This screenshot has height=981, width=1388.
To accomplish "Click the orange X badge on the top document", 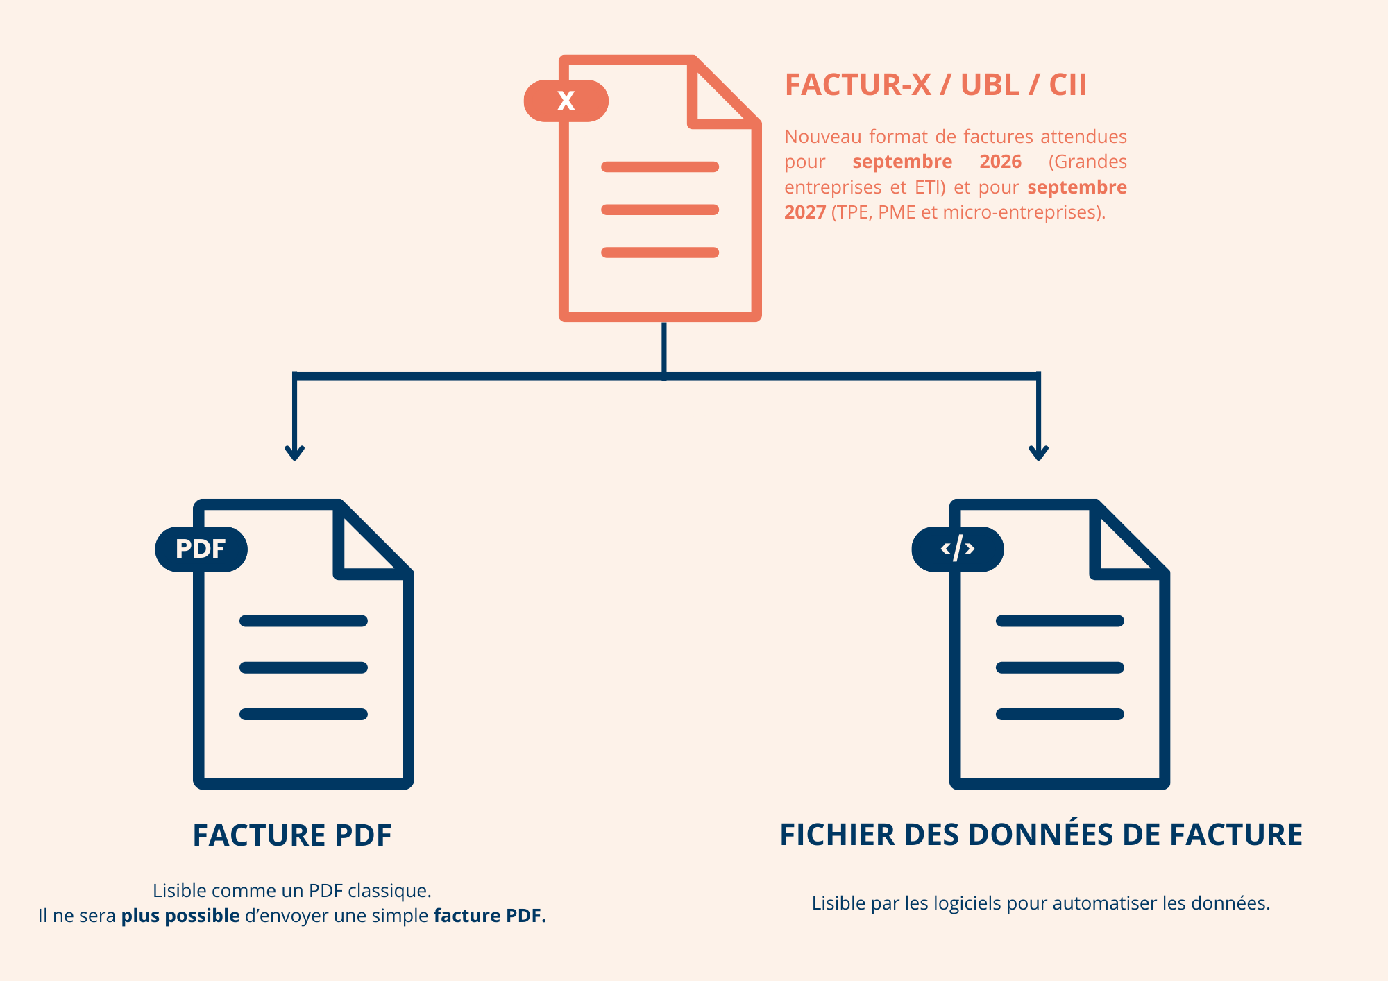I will tap(566, 101).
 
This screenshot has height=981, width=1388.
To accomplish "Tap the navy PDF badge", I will tap(201, 549).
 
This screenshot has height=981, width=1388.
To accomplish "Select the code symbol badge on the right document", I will tap(957, 549).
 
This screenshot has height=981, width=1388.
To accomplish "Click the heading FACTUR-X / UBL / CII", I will tap(935, 85).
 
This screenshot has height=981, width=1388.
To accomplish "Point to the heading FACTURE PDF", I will tap(292, 835).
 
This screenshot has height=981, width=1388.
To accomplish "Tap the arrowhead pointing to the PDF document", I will tap(294, 452).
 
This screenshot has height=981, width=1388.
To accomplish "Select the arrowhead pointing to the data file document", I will tap(1038, 452).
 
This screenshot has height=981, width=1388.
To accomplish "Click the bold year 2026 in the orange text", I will tap(1000, 162).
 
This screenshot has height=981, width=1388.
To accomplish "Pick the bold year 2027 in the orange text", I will tap(804, 212).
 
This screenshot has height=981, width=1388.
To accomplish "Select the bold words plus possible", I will tap(180, 916).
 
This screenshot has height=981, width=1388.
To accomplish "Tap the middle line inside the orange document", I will tap(659, 210).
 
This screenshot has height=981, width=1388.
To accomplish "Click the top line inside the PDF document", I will tap(303, 621).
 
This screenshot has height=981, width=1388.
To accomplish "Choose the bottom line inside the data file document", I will tap(1059, 714).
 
